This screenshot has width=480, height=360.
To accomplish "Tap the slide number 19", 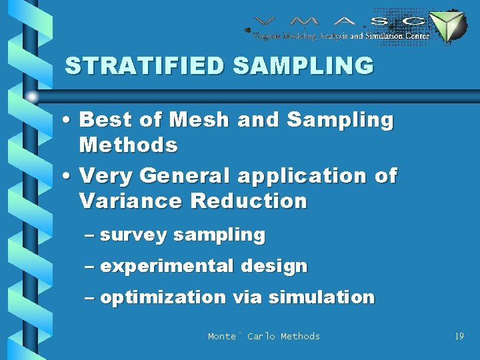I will (x=459, y=337).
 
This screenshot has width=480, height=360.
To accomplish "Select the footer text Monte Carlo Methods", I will (x=263, y=337).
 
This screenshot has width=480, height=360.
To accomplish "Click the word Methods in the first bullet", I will (x=128, y=145).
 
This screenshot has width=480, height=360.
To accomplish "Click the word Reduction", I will (x=248, y=201).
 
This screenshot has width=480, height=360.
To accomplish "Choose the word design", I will (x=274, y=267).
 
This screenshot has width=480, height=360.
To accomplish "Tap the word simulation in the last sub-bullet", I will (x=322, y=297).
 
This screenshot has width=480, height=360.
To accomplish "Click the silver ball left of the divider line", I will (x=33, y=97).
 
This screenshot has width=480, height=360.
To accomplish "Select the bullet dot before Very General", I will (x=69, y=177).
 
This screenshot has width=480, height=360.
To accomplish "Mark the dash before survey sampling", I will (x=91, y=236).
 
